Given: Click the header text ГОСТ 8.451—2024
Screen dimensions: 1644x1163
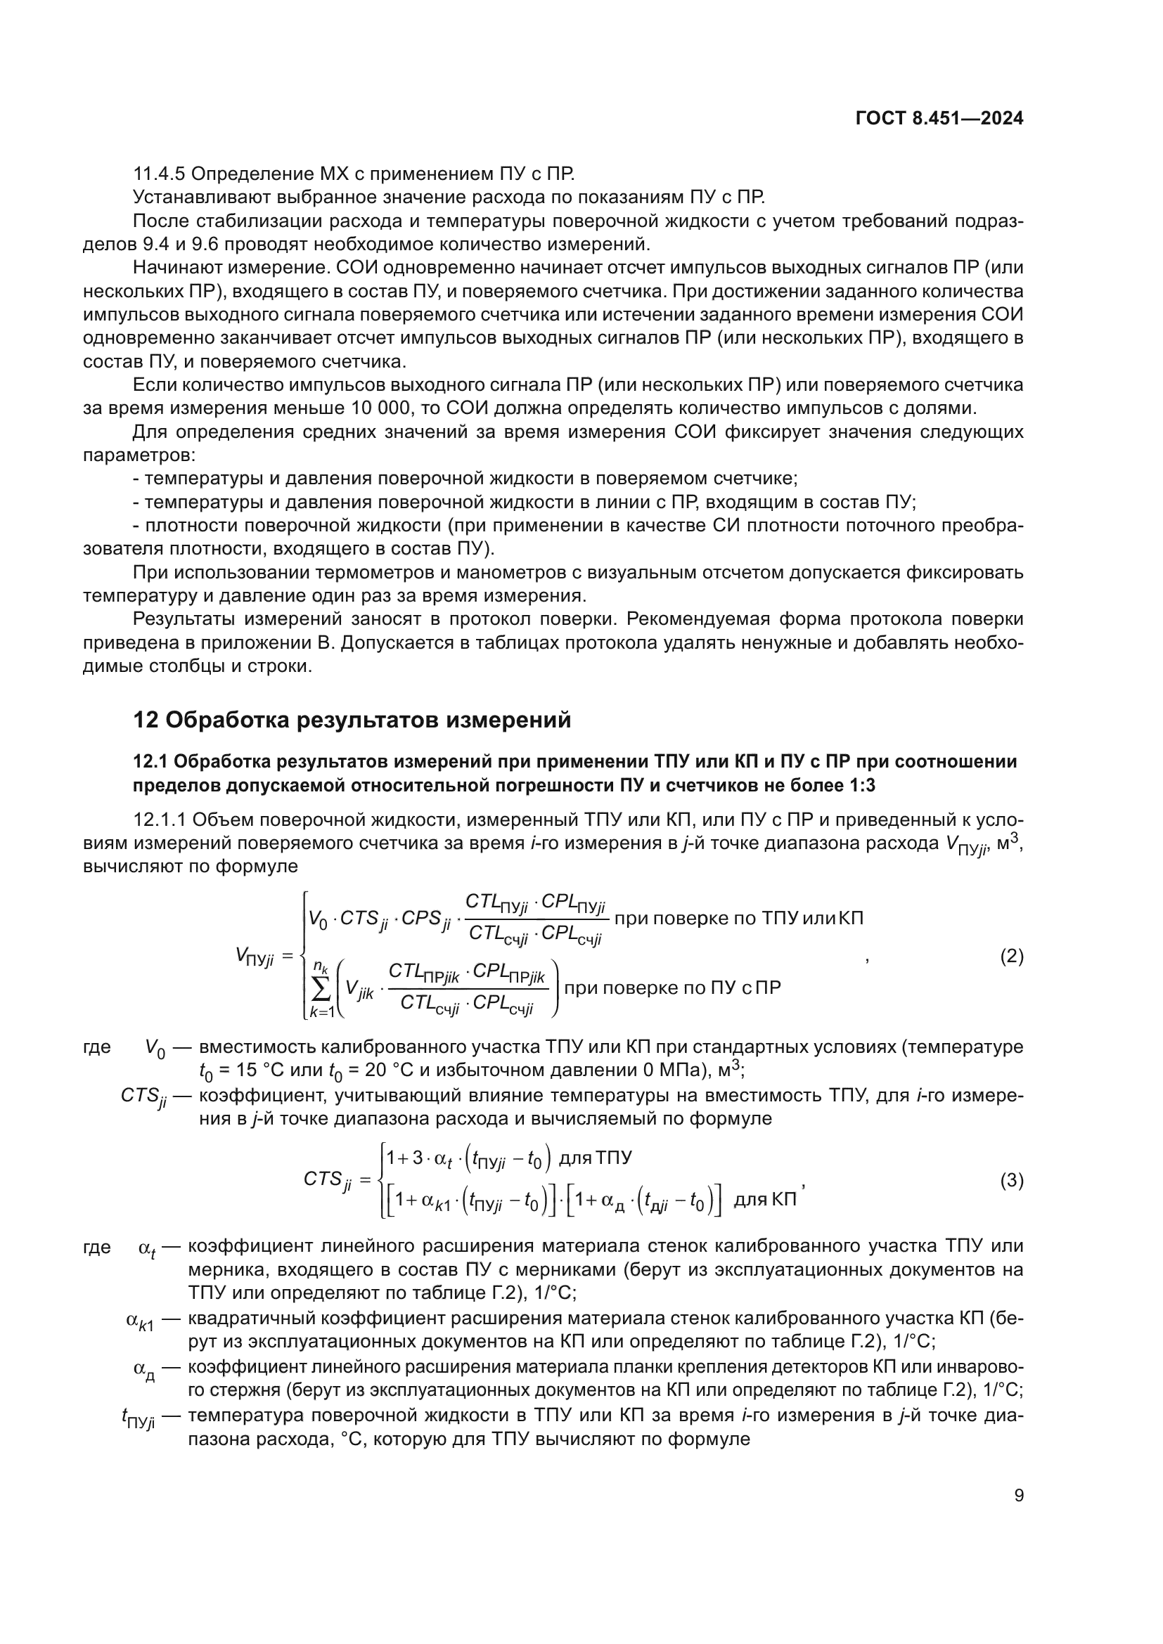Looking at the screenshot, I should (939, 118).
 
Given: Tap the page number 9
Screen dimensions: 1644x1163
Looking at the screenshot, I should (1018, 1496).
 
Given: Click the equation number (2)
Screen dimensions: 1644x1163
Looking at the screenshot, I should (1011, 957).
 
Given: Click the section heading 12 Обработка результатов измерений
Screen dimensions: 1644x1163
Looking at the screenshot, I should (352, 720).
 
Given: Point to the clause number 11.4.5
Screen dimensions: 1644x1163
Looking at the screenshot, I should (159, 174).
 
